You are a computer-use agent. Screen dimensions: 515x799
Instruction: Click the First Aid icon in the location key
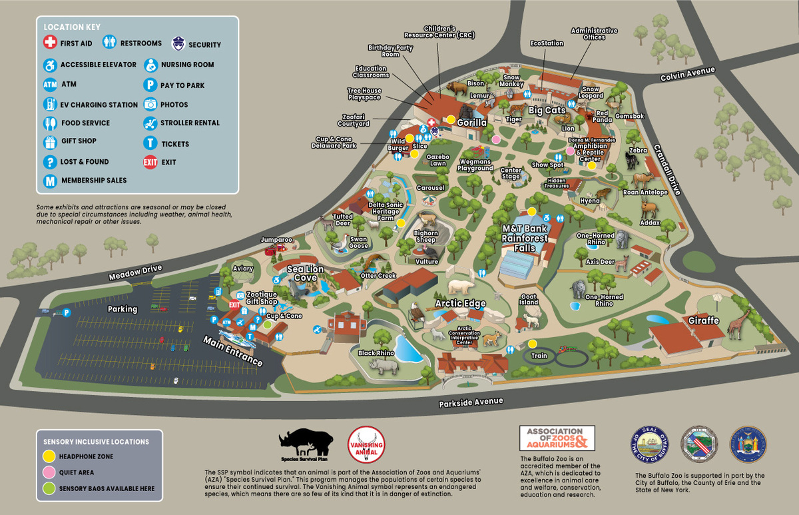pyautogui.click(x=49, y=43)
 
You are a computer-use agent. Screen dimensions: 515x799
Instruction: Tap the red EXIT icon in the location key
pyautogui.click(x=150, y=162)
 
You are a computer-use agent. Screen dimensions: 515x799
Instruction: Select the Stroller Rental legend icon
pyautogui.click(x=150, y=123)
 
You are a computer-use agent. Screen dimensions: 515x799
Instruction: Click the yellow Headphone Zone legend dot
pyautogui.click(x=49, y=456)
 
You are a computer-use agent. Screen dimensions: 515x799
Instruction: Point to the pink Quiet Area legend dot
pyautogui.click(x=49, y=472)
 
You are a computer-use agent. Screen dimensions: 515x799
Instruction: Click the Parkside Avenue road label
pyautogui.click(x=471, y=403)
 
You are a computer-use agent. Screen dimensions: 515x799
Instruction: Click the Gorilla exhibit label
pyautogui.click(x=472, y=123)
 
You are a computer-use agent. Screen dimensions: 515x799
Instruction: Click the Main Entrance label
pyautogui.click(x=233, y=350)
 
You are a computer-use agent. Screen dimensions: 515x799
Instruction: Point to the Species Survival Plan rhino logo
pyautogui.click(x=306, y=444)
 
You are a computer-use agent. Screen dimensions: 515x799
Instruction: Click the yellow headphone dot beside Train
pyautogui.click(x=533, y=344)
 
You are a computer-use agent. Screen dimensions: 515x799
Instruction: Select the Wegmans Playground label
pyautogui.click(x=475, y=165)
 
